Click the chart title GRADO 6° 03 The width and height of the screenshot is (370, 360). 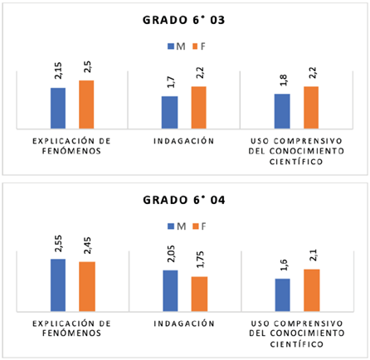185,19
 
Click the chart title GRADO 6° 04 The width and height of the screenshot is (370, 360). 185,200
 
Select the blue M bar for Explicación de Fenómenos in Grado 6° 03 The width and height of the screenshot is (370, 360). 58,109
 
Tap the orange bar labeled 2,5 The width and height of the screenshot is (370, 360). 86,105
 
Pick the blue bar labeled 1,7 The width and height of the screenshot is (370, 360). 169,113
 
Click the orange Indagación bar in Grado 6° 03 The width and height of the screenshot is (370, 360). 198,108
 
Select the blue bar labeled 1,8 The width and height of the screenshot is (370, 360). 282,111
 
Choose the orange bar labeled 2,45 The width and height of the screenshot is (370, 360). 86,286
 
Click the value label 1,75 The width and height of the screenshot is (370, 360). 199,261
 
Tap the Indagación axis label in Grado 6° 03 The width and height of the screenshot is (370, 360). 184,142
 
